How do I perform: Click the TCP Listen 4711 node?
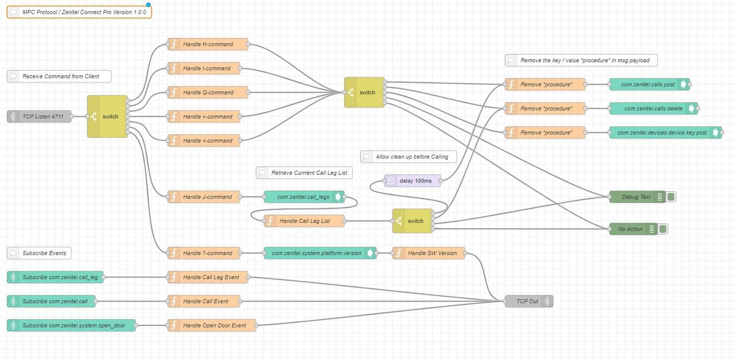coord(39,117)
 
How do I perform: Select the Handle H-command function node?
coord(208,44)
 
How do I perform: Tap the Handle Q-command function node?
coord(208,92)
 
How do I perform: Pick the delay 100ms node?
coord(413,181)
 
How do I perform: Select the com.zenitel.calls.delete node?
coord(652,108)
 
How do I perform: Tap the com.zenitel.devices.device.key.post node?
coord(661,132)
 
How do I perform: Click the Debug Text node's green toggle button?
coord(671,197)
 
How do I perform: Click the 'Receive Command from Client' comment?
coord(60,76)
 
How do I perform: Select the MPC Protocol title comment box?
coord(79,12)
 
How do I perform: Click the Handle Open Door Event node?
coord(212,325)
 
